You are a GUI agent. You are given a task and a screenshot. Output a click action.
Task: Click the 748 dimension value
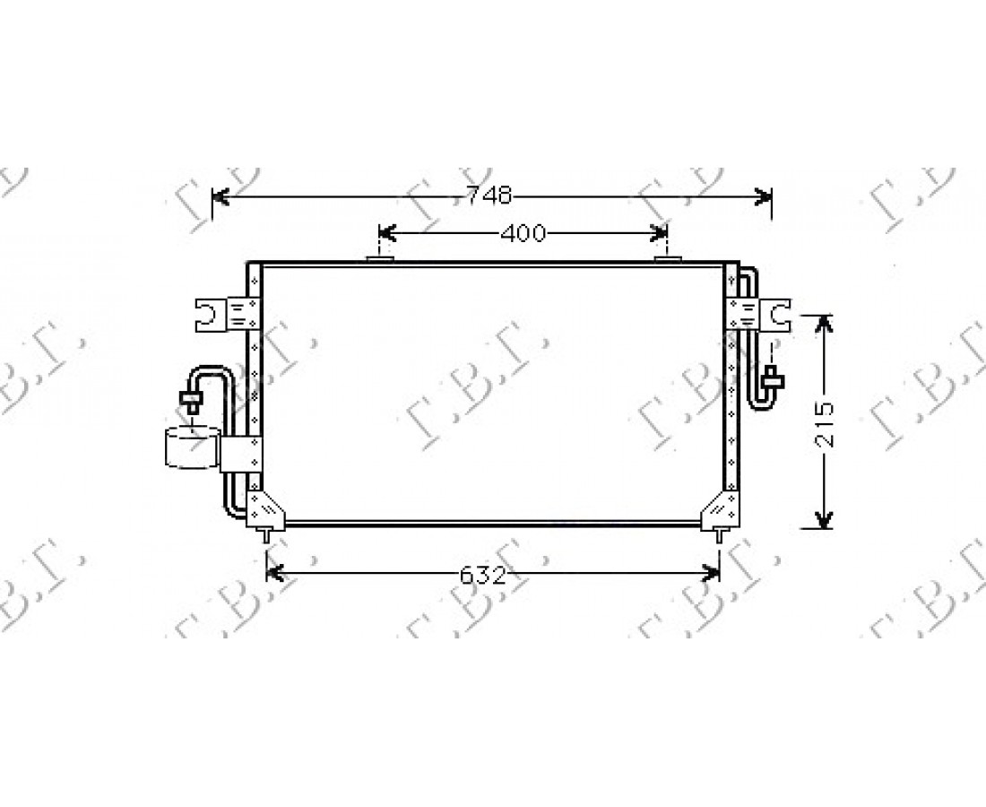point(489,195)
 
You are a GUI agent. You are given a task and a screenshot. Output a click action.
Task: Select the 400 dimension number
point(523,234)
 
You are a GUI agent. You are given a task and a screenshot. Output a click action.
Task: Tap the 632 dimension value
point(483,575)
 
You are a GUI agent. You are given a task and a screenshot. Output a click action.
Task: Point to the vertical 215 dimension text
point(824,424)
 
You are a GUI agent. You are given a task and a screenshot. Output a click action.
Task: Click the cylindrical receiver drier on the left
point(193,447)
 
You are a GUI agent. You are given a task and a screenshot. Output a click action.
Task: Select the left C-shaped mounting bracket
point(210,314)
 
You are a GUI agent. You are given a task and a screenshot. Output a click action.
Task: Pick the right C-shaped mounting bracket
point(776,314)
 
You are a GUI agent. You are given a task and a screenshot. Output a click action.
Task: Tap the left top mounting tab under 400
point(380,258)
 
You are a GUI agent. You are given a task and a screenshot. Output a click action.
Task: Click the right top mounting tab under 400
point(668,258)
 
